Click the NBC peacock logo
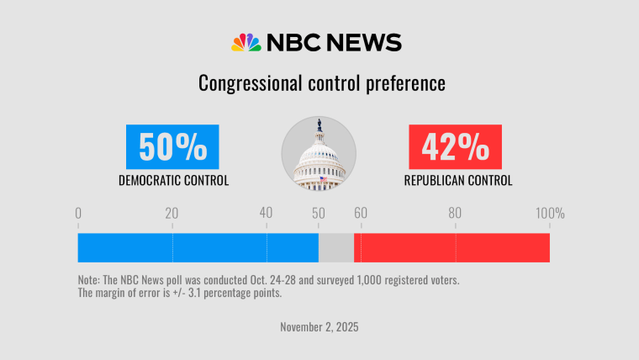coord(246,43)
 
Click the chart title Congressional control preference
coord(320,84)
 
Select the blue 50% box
coord(172,147)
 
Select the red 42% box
coord(456,147)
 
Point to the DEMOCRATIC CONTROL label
coord(173,180)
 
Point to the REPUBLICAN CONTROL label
coord(457,180)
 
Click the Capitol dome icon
coord(319,154)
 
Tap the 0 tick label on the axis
coord(78,214)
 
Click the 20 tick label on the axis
coord(172,214)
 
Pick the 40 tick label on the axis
coord(266,214)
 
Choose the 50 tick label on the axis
coord(319,214)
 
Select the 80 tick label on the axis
coord(455,214)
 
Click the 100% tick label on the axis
coord(551,214)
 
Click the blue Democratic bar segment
coord(198,247)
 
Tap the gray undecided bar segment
coord(336,247)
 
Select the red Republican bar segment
coord(452,247)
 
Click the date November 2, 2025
coord(319,326)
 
